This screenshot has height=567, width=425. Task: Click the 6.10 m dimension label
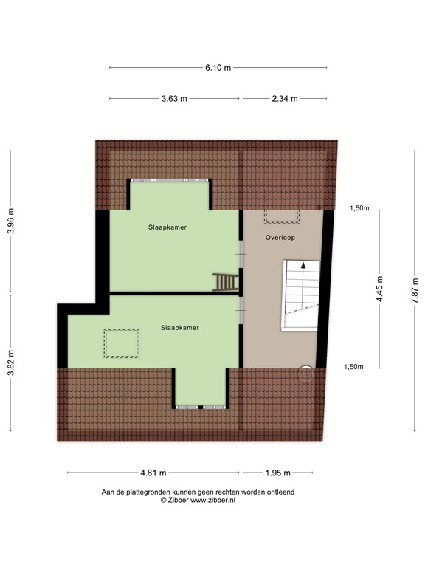pyautogui.click(x=218, y=67)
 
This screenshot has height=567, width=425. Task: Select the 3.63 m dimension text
pyautogui.click(x=174, y=98)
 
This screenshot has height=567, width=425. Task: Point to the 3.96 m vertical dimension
pyautogui.click(x=10, y=220)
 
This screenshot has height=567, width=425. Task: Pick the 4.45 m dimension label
pyautogui.click(x=380, y=289)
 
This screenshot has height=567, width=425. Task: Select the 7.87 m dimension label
pyautogui.click(x=415, y=289)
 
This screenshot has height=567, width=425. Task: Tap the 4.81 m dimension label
pyautogui.click(x=153, y=472)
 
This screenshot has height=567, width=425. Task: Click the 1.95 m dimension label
pyautogui.click(x=277, y=472)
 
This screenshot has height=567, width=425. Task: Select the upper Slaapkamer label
pyautogui.click(x=167, y=228)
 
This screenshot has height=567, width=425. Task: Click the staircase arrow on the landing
pyautogui.click(x=301, y=267)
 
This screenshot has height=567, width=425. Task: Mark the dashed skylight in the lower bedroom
pyautogui.click(x=122, y=343)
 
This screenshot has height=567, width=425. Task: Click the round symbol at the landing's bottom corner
pyautogui.click(x=305, y=374)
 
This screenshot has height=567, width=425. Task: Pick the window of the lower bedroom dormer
pyautogui.click(x=201, y=407)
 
